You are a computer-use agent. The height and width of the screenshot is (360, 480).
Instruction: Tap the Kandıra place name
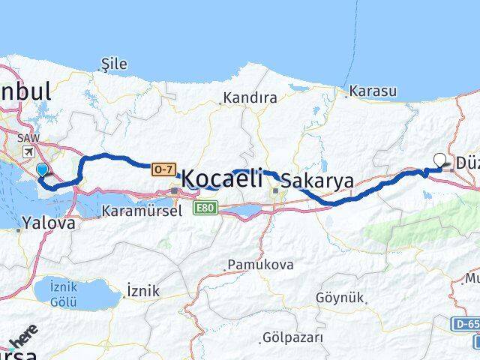pyautogui.click(x=249, y=98)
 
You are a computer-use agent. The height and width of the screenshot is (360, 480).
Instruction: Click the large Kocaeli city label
pyautogui.click(x=222, y=178)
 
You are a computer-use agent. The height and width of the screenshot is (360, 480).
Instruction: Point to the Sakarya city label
pyautogui.click(x=317, y=180)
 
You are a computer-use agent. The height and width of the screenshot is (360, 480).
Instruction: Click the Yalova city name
pyautogui.click(x=49, y=223)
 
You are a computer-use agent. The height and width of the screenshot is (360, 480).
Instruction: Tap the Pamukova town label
pyautogui.click(x=259, y=265)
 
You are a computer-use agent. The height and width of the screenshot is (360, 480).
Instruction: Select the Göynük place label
pyautogui.click(x=342, y=298)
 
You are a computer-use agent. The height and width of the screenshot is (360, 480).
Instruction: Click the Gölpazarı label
pyautogui.click(x=292, y=338)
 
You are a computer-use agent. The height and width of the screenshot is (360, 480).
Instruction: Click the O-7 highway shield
pyautogui.click(x=163, y=170)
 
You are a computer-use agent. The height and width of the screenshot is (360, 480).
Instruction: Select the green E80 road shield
pyautogui.click(x=204, y=207)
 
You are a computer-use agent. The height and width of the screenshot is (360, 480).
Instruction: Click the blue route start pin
pyautogui.click(x=41, y=171)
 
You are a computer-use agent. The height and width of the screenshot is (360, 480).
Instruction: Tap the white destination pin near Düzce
pyautogui.click(x=440, y=160)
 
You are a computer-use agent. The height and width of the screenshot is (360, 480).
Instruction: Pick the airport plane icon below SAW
pyautogui.click(x=28, y=151)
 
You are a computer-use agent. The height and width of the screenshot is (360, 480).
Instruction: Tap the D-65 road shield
pyautogui.click(x=465, y=324)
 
